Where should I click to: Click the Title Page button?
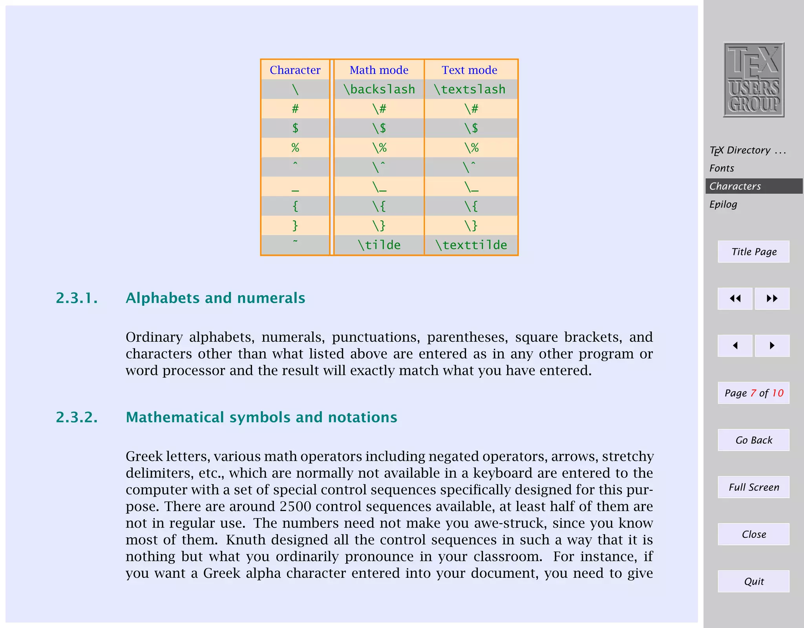[753, 252]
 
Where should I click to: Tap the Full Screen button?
[753, 487]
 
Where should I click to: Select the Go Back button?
[753, 440]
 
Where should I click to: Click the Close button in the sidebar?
[753, 534]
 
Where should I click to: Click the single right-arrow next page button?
[772, 345]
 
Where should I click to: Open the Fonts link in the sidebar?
[722, 168]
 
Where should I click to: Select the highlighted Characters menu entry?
[735, 186]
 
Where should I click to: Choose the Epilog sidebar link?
[723, 204]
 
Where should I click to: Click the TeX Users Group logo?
[753, 80]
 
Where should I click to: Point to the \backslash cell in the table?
[379, 89]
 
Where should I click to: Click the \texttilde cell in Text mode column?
[471, 245]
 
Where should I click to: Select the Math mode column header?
[379, 70]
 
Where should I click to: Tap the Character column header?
[295, 70]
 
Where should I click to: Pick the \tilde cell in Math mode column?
[379, 245]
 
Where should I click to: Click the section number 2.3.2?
[77, 417]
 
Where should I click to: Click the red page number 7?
[753, 393]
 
